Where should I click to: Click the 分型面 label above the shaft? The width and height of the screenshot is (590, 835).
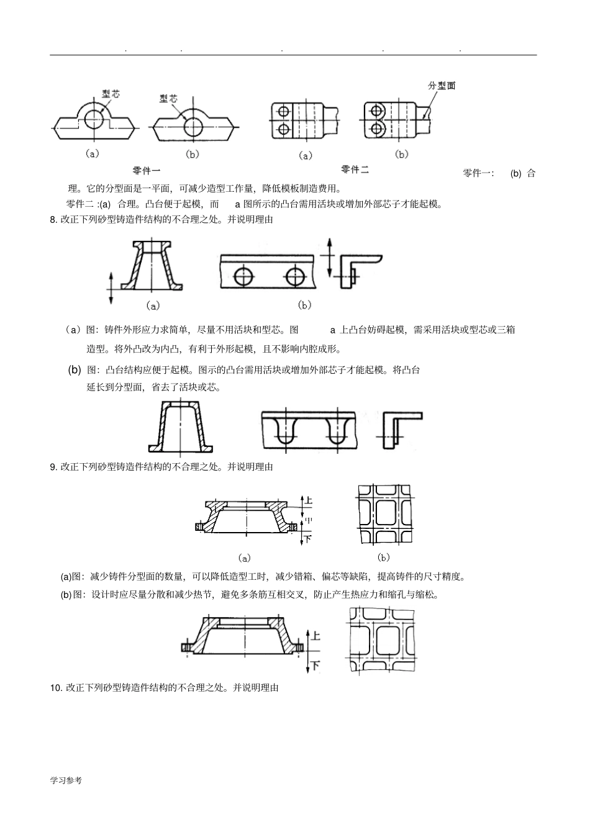click(x=442, y=86)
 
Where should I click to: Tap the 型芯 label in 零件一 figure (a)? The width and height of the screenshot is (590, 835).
click(x=111, y=94)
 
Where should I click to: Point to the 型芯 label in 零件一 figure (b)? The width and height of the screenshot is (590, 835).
click(x=168, y=99)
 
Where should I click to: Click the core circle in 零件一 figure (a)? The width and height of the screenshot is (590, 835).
click(x=95, y=119)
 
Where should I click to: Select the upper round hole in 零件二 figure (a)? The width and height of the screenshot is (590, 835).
click(x=284, y=111)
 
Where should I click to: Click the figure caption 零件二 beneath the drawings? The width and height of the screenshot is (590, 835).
click(x=355, y=169)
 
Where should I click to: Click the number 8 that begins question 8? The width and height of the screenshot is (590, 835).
click(x=53, y=219)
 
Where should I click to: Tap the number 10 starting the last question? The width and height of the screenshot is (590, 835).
click(x=55, y=688)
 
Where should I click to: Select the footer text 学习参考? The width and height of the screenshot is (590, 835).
click(x=66, y=780)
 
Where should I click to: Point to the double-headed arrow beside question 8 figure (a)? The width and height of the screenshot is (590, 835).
click(x=111, y=287)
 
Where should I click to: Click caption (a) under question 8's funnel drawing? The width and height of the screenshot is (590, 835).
click(x=152, y=305)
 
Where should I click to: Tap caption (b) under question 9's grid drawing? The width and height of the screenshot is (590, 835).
click(x=383, y=557)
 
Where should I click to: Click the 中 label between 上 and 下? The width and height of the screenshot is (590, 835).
click(x=308, y=520)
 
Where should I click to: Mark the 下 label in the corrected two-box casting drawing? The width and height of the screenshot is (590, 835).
click(x=315, y=666)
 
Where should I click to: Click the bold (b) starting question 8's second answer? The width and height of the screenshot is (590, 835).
click(x=75, y=370)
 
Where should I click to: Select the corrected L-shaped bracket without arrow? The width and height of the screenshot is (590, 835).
click(x=400, y=428)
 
